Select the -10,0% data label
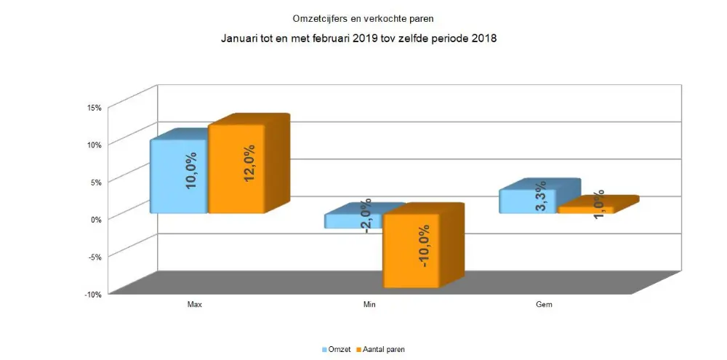[425, 247]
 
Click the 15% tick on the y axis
[95, 108]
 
